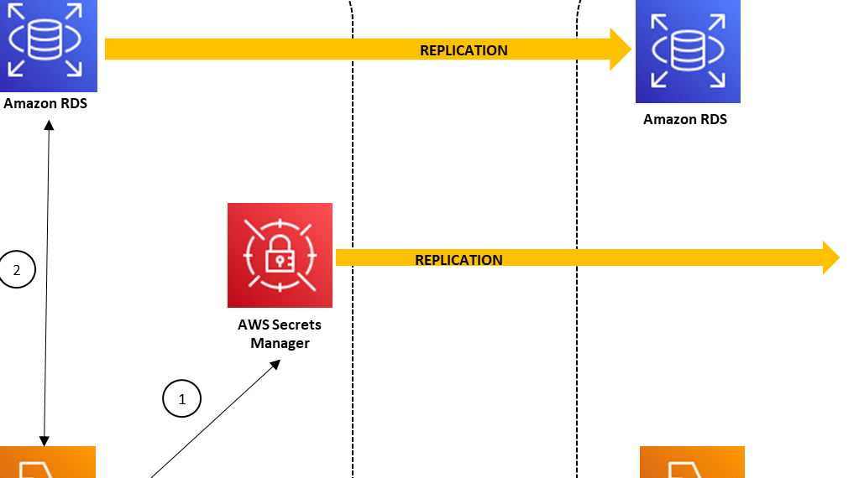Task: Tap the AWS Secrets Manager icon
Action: tap(280, 255)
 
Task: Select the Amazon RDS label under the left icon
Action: tap(45, 104)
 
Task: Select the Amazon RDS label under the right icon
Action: tap(685, 119)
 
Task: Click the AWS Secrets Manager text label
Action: tap(280, 334)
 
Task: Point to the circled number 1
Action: tap(181, 398)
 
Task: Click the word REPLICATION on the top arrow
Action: tap(464, 50)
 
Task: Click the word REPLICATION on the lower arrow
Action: tap(458, 260)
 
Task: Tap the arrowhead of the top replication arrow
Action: tap(621, 49)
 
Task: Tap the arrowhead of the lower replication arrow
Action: tap(830, 257)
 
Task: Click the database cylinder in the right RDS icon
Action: tap(688, 52)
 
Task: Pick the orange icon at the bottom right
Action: tap(692, 462)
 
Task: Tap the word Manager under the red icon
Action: tap(280, 343)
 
